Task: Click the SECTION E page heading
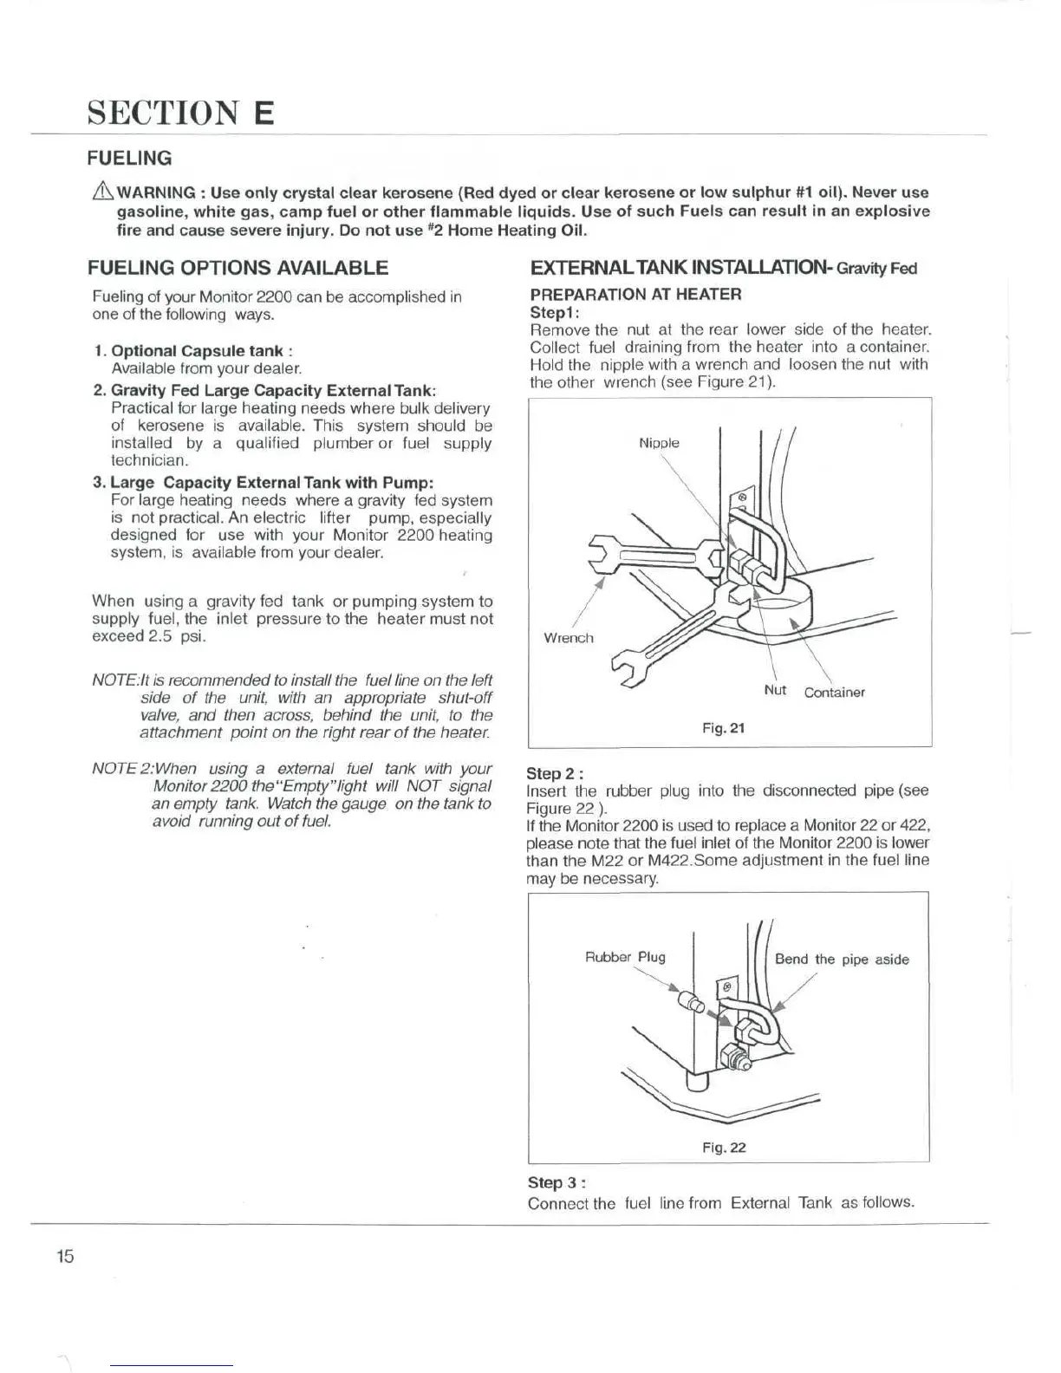[180, 114]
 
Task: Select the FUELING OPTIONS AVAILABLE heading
[238, 268]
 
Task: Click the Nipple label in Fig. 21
[659, 443]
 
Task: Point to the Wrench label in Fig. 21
[569, 638]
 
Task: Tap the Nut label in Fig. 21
[775, 690]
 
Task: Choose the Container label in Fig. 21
[834, 693]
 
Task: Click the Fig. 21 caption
[724, 728]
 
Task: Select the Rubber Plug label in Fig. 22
[625, 957]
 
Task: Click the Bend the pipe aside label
[842, 960]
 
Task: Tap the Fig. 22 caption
[724, 1148]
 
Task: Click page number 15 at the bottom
[65, 1256]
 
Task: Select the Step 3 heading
[557, 1182]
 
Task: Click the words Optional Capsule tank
[198, 351]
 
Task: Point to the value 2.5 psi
[177, 636]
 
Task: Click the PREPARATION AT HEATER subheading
[635, 294]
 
